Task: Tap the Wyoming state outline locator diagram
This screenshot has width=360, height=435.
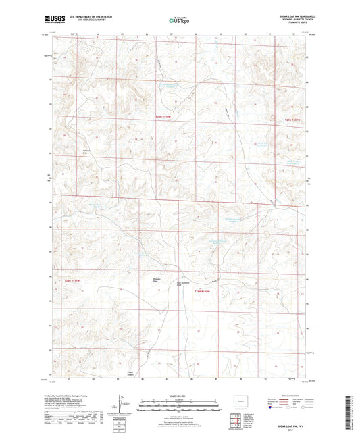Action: tap(239, 405)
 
